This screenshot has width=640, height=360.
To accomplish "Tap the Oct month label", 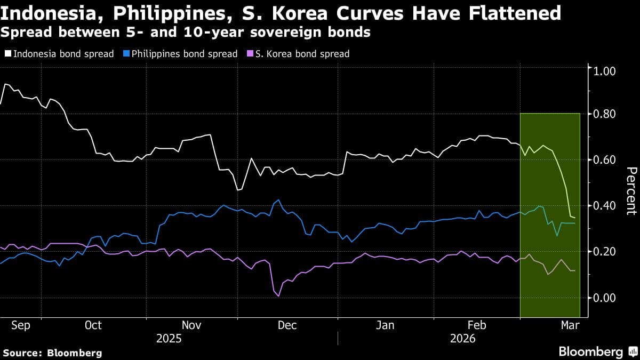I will click(x=93, y=325).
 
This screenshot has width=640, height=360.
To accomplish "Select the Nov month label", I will click(x=192, y=325).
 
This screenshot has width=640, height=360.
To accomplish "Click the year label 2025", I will click(x=169, y=339).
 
